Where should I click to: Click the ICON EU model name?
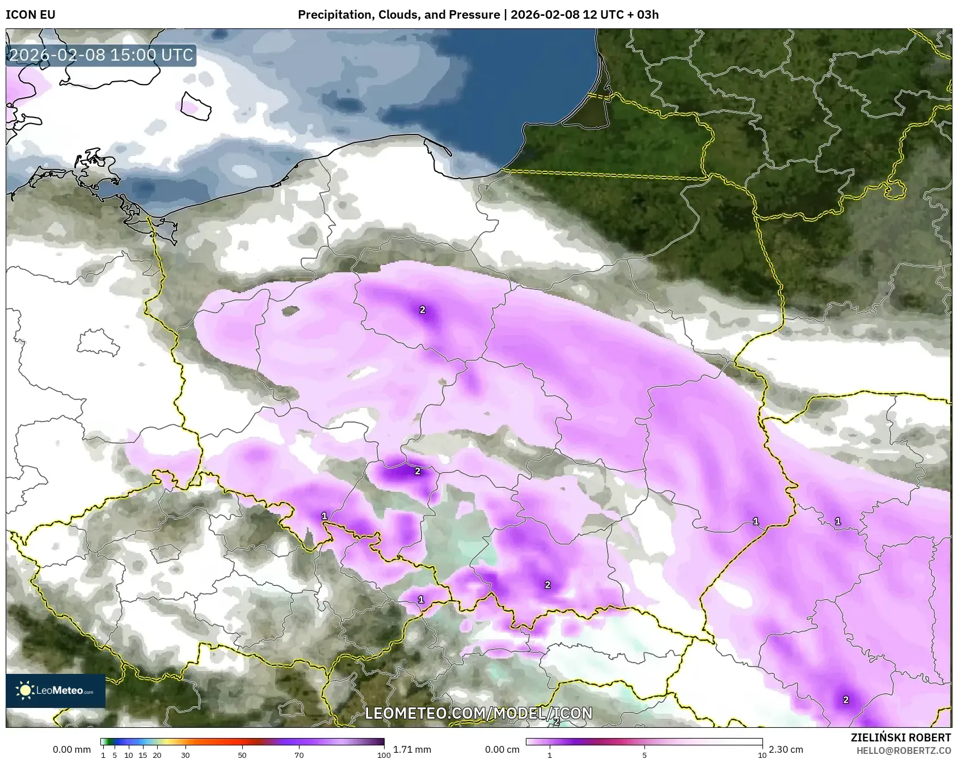click(31, 15)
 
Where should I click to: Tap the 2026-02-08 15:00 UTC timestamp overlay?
click(102, 55)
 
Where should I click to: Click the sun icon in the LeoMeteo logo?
click(25, 690)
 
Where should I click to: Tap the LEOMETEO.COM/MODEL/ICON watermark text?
click(478, 713)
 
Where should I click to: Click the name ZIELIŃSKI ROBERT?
click(900, 737)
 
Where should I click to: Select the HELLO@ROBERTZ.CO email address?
click(903, 750)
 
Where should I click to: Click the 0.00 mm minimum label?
click(71, 749)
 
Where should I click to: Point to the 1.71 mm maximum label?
click(412, 749)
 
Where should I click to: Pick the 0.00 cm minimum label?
click(502, 749)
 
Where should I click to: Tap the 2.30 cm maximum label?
click(786, 749)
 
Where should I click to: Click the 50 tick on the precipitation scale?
click(242, 755)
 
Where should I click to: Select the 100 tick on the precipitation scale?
click(384, 755)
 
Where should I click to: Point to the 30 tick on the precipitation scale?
click(186, 755)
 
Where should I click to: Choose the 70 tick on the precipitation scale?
click(299, 755)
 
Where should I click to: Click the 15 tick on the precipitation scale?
click(143, 755)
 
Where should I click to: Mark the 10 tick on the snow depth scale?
click(762, 755)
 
